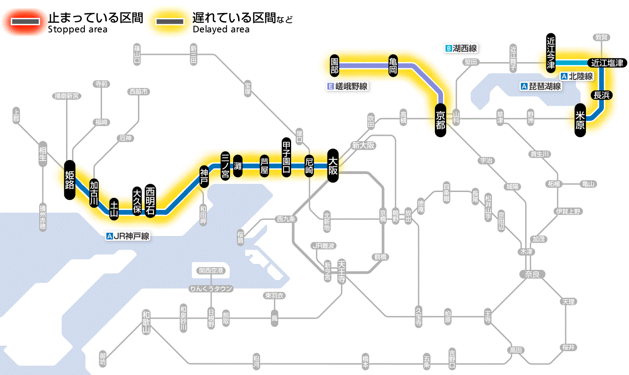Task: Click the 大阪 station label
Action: pyautogui.click(x=333, y=165)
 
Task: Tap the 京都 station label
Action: pyautogui.click(x=440, y=120)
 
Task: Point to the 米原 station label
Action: pyautogui.click(x=580, y=120)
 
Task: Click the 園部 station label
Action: pyautogui.click(x=334, y=65)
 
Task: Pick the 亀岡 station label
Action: pyautogui.click(x=394, y=65)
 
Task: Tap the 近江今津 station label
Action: pyautogui.click(x=551, y=52)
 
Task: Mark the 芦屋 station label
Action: pyautogui.click(x=265, y=165)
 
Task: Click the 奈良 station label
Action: pyautogui.click(x=532, y=274)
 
